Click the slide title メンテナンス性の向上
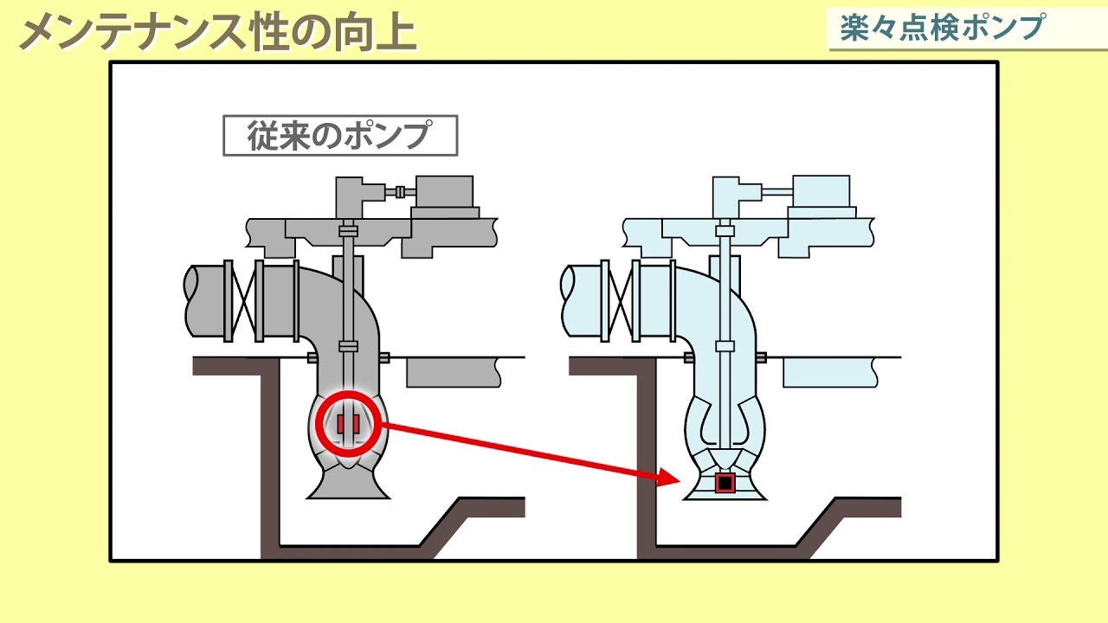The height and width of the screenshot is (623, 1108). [217, 32]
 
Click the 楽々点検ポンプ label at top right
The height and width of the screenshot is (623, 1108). [942, 28]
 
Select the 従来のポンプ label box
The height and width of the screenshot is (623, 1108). [339, 136]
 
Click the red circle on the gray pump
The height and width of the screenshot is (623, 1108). [348, 424]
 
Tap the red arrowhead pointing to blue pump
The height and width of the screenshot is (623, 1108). [668, 476]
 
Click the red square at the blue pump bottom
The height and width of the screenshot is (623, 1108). [725, 483]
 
